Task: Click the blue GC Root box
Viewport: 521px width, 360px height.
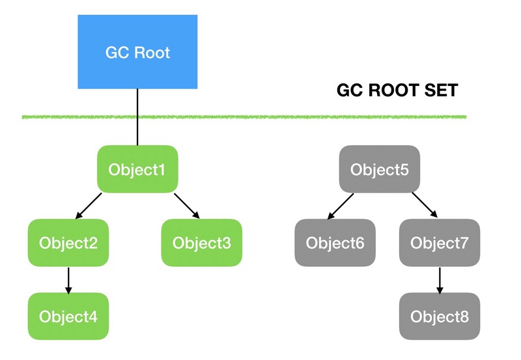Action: click(137, 51)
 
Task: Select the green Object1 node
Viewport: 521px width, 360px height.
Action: click(137, 169)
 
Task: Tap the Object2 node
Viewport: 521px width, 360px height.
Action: click(68, 243)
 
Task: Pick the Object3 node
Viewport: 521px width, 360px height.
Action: click(201, 243)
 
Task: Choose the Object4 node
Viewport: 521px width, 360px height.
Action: click(68, 316)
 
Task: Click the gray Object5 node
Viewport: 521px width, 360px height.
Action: click(380, 169)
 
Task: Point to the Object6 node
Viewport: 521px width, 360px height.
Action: click(335, 243)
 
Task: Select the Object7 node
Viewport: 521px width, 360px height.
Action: click(439, 243)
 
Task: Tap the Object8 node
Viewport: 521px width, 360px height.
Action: click(439, 316)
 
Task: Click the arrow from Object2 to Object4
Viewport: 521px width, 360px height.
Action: click(68, 280)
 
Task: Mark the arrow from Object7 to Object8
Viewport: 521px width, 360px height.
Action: click(439, 280)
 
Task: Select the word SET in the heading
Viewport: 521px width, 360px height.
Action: click(443, 90)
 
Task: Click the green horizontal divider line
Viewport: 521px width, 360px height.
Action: click(260, 117)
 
